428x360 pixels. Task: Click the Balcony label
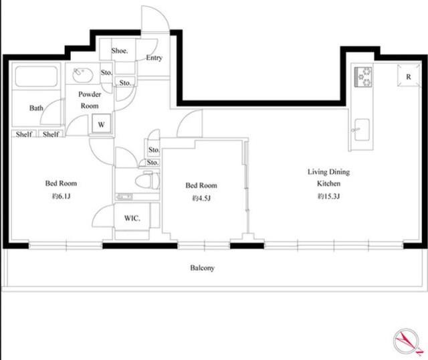[x=202, y=268]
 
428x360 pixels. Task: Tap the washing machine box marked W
[x=101, y=124]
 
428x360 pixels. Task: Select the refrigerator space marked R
[x=409, y=76]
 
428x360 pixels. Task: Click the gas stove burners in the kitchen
[x=363, y=77]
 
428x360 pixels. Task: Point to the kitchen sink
[x=362, y=129]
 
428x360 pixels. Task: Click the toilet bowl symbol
[x=147, y=181]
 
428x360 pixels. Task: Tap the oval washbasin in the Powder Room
[x=83, y=75]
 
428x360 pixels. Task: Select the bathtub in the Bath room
[x=36, y=76]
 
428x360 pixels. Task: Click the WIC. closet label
[x=132, y=218]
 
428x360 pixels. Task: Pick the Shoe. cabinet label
[x=120, y=51]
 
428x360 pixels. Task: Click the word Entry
[x=154, y=58]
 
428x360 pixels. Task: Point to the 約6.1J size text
[x=61, y=196]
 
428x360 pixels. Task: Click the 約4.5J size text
[x=201, y=198]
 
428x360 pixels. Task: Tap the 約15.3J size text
[x=328, y=196]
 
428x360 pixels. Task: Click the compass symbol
[x=407, y=342]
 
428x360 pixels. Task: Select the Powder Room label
[x=90, y=100]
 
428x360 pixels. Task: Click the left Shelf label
[x=24, y=134]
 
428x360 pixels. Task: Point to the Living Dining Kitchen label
[x=328, y=177]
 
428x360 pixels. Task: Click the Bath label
[x=36, y=108]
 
